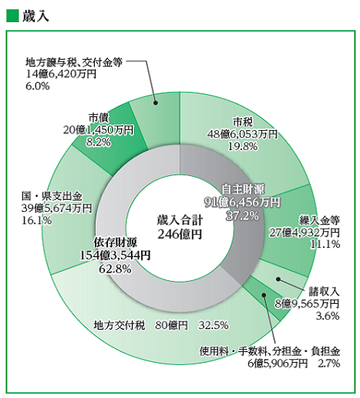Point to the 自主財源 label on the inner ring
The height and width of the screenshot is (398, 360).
coord(244,188)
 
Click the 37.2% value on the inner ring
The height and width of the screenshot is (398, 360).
coord(244,216)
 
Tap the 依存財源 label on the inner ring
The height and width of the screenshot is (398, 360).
coord(117,241)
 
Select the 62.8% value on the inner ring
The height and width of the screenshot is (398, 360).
coord(117,268)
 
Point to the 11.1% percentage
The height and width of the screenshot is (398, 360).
coord(326,244)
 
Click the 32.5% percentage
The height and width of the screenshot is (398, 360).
coord(214,325)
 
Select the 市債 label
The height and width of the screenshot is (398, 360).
coord(97,116)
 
